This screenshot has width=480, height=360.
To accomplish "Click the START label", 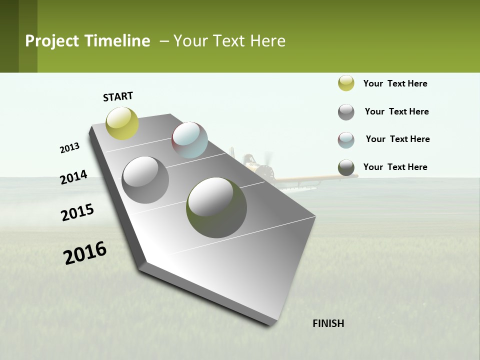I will tap(118, 96).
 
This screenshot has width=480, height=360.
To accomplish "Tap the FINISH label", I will tap(328, 323).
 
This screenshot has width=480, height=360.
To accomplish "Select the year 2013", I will tap(69, 148).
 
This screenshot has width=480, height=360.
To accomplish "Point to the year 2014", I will tap(73, 177).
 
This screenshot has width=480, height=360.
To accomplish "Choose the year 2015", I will tap(77, 212).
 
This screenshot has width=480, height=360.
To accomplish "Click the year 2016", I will tap(85, 253).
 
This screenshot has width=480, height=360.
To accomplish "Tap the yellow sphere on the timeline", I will tap(122, 123).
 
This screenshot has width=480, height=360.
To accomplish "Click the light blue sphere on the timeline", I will tap(189, 140).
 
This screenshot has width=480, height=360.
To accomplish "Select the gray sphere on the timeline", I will tap(145, 179).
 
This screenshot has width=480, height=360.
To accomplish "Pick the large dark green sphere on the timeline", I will tap(216, 207).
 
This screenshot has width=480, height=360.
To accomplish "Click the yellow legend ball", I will tap(346, 83).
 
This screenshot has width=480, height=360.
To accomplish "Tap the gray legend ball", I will tap(346, 112).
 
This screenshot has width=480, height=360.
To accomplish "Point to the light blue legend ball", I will tap(346, 140).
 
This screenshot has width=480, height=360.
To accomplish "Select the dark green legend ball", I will tap(346, 168).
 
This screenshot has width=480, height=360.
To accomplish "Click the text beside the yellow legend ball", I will tap(395, 83).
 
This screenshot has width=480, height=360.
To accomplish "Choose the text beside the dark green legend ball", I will tap(395, 167).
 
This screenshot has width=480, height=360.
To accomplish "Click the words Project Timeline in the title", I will tap(87, 41).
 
